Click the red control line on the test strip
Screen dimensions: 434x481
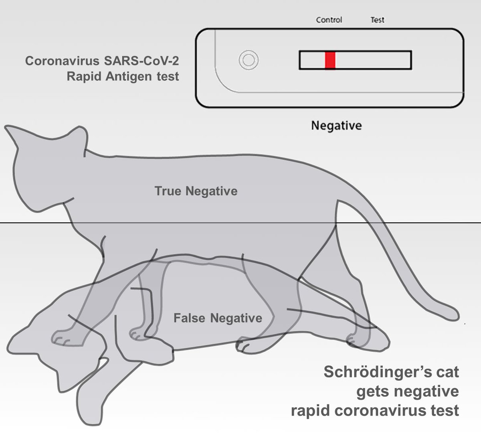click(330, 60)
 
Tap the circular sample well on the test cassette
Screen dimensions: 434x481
click(247, 61)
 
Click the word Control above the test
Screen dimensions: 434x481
click(329, 20)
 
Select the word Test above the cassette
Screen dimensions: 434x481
click(377, 20)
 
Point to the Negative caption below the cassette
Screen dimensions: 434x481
click(336, 126)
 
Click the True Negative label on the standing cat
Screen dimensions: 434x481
click(196, 191)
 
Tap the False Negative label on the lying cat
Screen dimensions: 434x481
click(218, 318)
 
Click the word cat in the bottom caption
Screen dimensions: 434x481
click(446, 371)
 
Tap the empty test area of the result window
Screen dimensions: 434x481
click(373, 60)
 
